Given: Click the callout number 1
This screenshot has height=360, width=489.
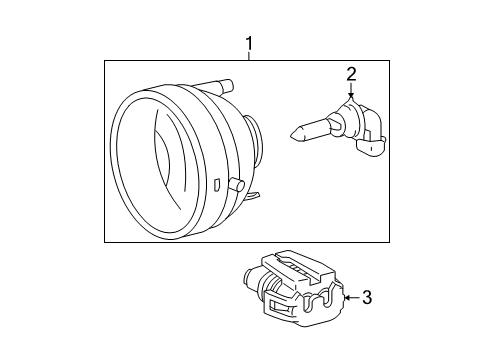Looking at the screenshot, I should pyautogui.click(x=249, y=44).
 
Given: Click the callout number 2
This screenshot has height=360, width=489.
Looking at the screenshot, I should pyautogui.click(x=351, y=73).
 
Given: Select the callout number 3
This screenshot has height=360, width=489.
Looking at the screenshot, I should pyautogui.click(x=367, y=297).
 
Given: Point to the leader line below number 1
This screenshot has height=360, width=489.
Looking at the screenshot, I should pyautogui.click(x=249, y=56).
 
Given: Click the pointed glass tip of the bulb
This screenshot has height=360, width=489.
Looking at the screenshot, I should pyautogui.click(x=296, y=130).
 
